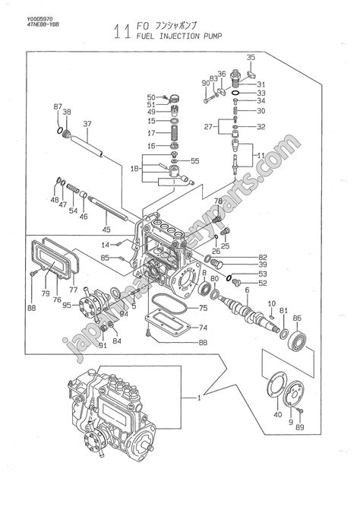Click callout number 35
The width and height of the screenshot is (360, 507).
251,58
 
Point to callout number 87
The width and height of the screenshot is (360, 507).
56,106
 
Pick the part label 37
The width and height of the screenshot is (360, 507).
87,124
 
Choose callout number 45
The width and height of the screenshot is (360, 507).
106,230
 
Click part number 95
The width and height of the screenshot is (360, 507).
67,306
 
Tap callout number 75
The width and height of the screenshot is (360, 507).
202,309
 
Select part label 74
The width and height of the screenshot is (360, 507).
202,328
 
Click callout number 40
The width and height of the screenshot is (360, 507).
276,414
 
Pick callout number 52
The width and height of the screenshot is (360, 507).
262,284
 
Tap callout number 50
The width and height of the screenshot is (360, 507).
151,97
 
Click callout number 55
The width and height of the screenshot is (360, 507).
194,161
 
